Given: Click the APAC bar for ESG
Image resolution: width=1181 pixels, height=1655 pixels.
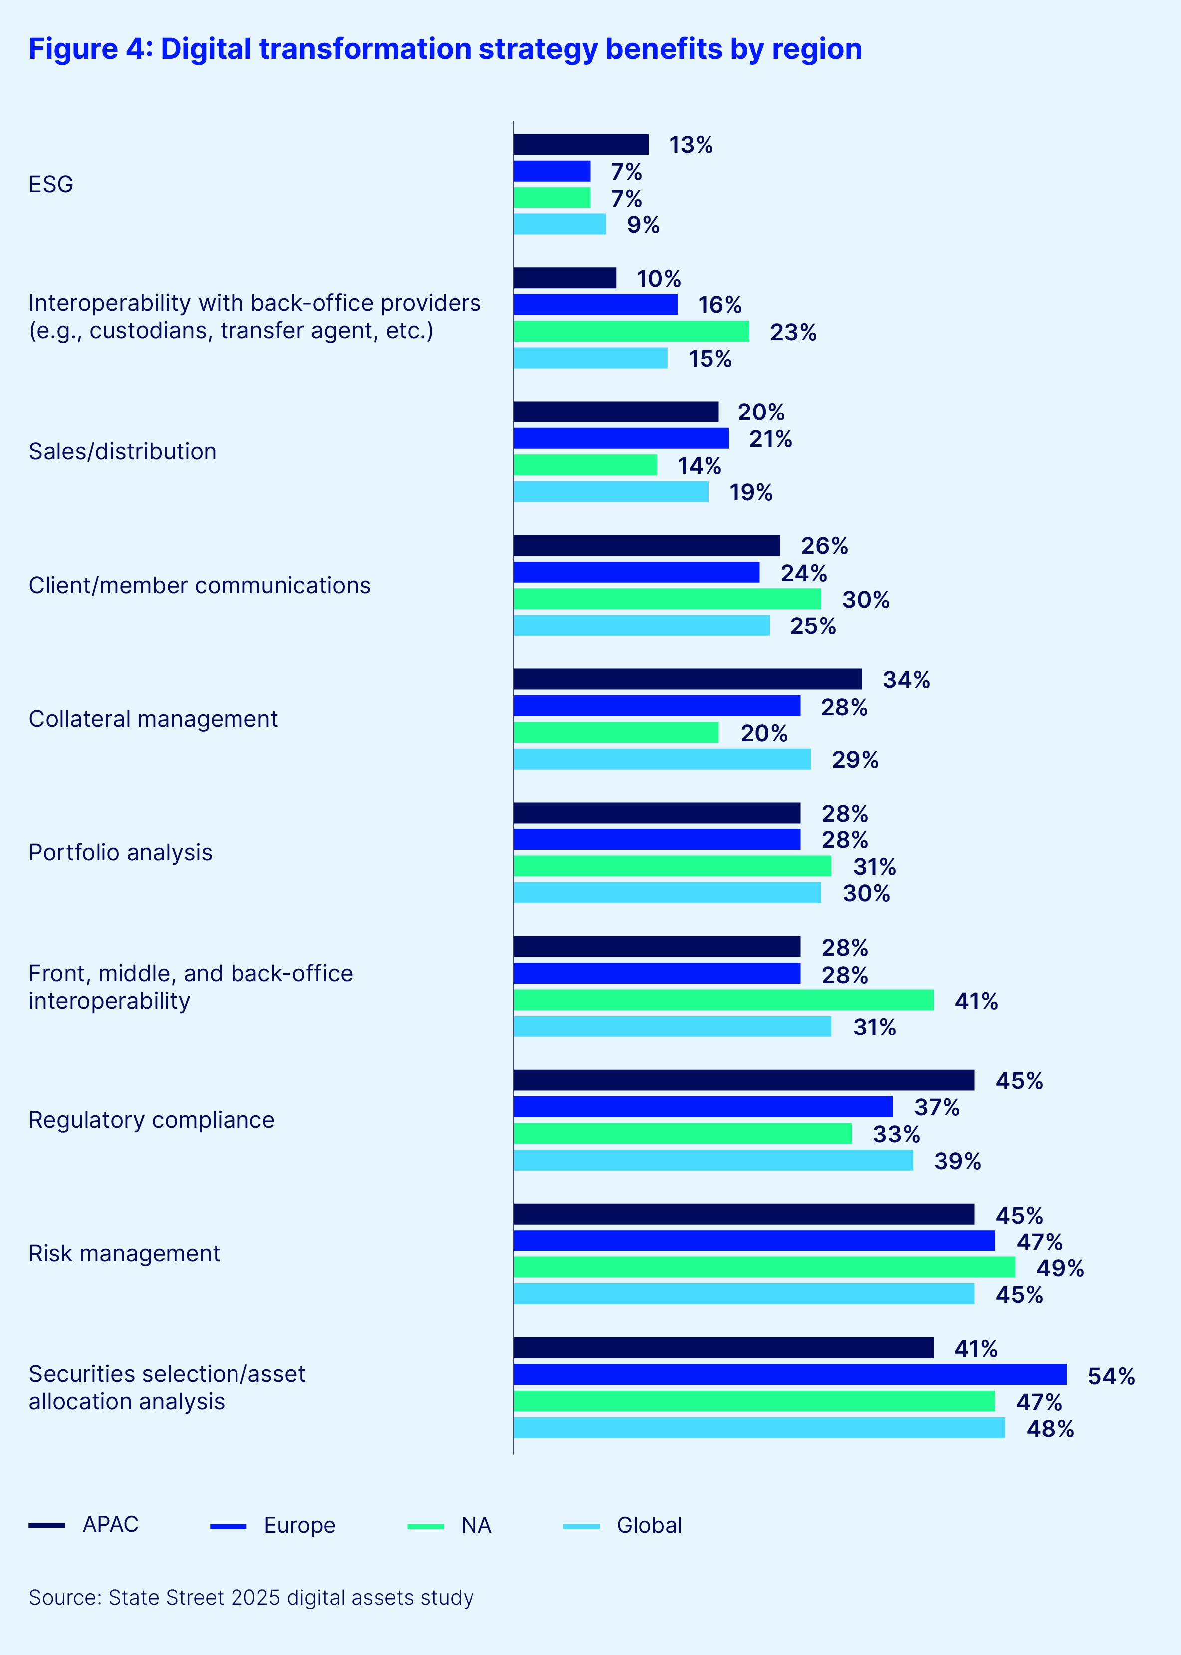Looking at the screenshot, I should tap(580, 145).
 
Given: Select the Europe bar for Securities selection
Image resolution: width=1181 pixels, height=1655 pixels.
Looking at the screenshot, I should tap(790, 1375).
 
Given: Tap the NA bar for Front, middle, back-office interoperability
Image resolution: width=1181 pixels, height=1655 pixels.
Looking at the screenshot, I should tap(723, 1000).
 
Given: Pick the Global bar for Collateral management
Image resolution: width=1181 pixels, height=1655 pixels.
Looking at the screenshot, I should tap(662, 760).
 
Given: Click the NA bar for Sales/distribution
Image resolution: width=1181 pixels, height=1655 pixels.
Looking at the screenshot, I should tap(585, 465).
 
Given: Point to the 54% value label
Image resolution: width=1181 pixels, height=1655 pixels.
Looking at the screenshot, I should tap(1111, 1376).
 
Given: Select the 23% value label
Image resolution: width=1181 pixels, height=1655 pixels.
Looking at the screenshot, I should tap(793, 333).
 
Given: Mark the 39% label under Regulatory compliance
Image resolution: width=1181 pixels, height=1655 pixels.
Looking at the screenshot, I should tap(957, 1162).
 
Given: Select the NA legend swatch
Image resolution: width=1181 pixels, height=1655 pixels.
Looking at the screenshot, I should tap(426, 1526).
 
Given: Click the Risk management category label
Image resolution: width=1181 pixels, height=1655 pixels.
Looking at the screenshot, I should tap(124, 1254).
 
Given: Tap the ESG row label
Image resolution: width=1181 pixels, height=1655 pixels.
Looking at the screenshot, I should tap(51, 184).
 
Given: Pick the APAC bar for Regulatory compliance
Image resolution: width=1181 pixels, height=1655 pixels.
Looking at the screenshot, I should tap(743, 1081).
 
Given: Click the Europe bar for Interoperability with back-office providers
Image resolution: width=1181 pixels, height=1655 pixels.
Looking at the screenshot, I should tap(595, 305).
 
